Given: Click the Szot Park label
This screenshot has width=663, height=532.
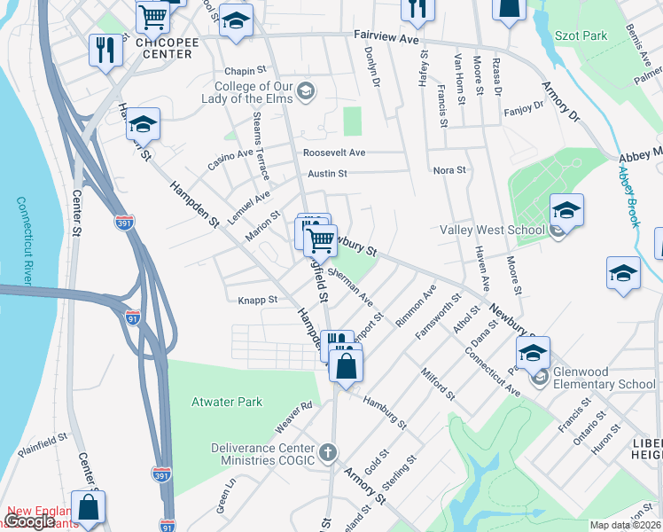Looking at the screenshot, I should point(581,35).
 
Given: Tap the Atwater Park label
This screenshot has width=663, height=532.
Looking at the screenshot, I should point(227,402).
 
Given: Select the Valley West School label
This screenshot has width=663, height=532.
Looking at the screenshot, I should point(492,231).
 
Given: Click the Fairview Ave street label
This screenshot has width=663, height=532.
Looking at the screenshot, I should point(386,39).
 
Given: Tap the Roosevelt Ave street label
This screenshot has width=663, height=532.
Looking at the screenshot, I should point(334,153).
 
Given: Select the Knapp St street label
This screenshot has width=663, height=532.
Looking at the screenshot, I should point(258,300).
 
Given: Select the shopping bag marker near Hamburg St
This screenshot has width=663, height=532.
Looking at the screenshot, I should point(346,365).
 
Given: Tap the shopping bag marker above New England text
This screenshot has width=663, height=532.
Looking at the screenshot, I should point(89,508).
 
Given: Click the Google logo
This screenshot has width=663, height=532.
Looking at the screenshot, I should point(30,521).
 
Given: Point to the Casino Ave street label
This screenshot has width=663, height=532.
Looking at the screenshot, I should point(230,160).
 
